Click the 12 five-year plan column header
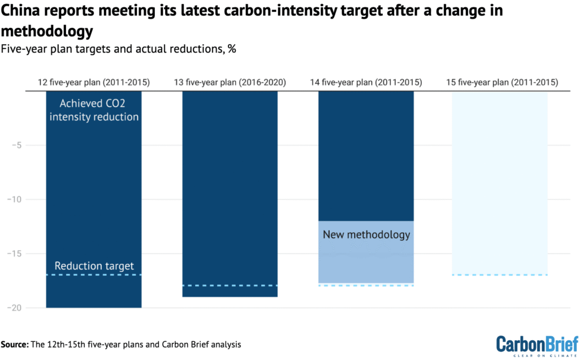(x=93, y=83)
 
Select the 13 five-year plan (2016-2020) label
(x=230, y=83)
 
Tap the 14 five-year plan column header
(x=366, y=83)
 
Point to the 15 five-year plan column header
(x=502, y=83)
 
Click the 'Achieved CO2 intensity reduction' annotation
(x=93, y=110)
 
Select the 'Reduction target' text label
(x=93, y=266)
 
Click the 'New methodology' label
(x=366, y=234)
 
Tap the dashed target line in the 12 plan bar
(x=93, y=275)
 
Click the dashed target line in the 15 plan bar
(x=500, y=275)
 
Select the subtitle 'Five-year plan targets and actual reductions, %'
(x=118, y=49)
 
